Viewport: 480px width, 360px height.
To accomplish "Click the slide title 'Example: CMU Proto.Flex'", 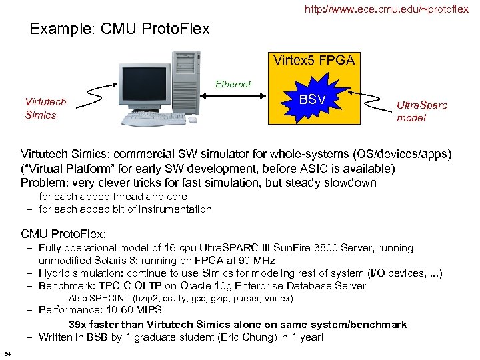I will (x=120, y=29).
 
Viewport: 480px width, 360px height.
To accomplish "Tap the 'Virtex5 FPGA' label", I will (x=313, y=61).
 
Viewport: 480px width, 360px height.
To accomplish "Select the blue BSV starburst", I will (x=313, y=100).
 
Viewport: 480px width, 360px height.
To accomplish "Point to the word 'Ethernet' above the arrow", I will (x=233, y=85).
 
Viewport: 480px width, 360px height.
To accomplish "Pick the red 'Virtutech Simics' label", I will (x=45, y=109).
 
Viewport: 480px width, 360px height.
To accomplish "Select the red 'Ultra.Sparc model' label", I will (x=422, y=111).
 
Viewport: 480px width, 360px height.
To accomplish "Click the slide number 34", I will (x=7, y=353).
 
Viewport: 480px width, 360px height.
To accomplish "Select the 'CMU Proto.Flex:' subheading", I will (x=63, y=234).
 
